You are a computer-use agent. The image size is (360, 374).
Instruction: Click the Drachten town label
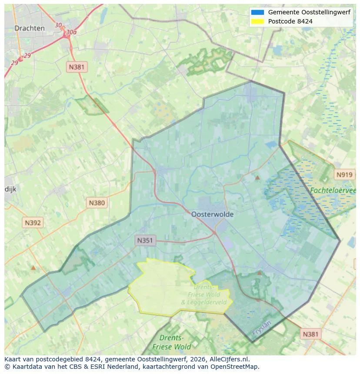click(x=30, y=28)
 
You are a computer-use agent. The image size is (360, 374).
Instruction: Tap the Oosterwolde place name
click(x=212, y=214)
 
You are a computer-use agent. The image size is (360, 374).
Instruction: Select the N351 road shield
click(x=145, y=240)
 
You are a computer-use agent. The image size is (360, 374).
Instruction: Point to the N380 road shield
click(x=97, y=202)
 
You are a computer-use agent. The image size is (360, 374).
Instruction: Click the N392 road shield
click(x=33, y=223)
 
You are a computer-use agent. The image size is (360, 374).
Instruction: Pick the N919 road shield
click(x=344, y=175)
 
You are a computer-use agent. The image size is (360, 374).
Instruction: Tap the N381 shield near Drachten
click(x=77, y=67)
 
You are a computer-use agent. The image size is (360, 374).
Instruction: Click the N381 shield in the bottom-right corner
click(x=310, y=334)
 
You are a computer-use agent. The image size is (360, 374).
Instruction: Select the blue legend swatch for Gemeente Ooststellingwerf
click(x=257, y=12)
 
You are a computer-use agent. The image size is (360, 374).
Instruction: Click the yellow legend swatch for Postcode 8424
click(x=257, y=21)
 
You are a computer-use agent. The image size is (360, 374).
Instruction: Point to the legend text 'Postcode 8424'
click(x=290, y=21)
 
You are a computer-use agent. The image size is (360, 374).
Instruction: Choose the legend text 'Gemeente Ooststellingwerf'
click(x=309, y=12)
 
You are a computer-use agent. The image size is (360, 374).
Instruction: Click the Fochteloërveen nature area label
click(x=333, y=190)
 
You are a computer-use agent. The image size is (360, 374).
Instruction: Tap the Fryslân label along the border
click(x=261, y=328)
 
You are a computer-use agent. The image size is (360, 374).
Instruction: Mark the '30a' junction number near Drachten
click(x=71, y=32)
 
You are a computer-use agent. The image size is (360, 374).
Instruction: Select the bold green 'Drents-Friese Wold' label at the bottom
click(x=172, y=342)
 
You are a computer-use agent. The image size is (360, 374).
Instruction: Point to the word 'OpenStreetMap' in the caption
click(x=237, y=367)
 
